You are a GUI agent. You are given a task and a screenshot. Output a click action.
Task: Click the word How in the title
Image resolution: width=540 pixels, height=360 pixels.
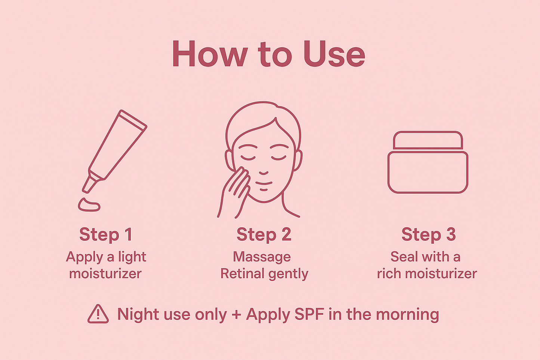(210, 55)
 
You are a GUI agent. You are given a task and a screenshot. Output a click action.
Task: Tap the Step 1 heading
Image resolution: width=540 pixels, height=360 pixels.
(106, 235)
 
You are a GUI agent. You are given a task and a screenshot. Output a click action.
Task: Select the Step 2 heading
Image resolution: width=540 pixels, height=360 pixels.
(264, 235)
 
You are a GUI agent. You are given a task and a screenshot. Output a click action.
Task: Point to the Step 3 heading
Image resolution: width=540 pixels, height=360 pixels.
(429, 235)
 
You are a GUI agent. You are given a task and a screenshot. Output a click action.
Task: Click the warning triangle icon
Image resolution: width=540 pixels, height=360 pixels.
(98, 314)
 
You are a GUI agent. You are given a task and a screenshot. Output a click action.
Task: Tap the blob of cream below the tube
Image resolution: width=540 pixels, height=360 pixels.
(89, 205)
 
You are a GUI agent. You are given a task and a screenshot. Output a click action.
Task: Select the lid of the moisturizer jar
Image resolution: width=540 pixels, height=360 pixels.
(428, 141)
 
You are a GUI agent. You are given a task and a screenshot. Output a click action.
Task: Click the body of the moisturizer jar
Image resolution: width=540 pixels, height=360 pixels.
(428, 172)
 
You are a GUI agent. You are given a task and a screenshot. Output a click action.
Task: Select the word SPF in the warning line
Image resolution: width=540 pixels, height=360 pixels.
(309, 314)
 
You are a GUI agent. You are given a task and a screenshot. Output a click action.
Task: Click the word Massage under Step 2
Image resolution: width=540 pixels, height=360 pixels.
(262, 257)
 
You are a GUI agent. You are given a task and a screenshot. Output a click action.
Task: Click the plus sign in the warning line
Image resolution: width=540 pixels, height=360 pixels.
(236, 315)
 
